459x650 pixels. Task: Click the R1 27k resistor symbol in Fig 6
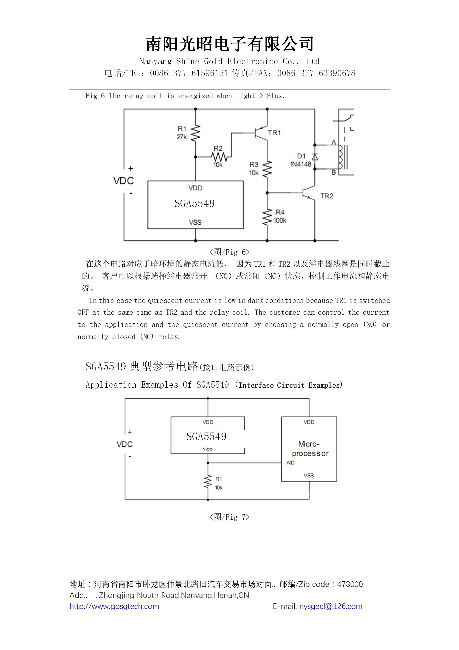pos(196,133)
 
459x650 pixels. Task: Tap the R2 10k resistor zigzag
pos(219,157)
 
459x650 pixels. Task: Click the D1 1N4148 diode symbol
pos(315,157)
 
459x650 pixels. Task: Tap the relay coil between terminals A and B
pos(340,157)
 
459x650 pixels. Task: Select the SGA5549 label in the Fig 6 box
pos(195,203)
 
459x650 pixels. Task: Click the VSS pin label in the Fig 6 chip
pos(195,222)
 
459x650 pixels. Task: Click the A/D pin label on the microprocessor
pos(290,463)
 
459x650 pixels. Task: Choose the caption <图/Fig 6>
pos(229,252)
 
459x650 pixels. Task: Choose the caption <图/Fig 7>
pos(229,517)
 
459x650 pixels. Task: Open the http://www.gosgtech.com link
pos(114,606)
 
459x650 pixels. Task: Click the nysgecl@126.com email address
pos(331,606)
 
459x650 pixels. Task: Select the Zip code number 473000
pos(350,584)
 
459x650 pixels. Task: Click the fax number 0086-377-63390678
pos(316,73)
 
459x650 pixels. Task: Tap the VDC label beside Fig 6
pos(123,181)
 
